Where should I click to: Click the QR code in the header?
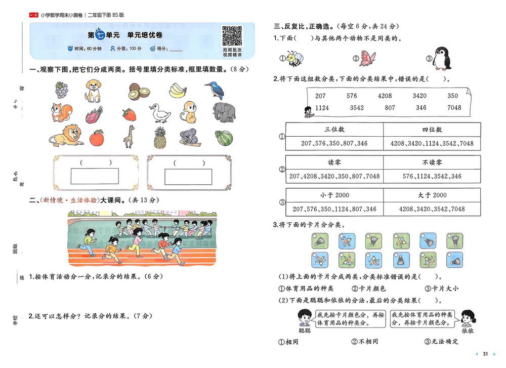coord(232,36)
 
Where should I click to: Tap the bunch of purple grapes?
coord(62,90)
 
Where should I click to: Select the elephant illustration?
coord(224,112)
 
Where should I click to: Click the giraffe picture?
coord(129,136)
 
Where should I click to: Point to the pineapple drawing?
coord(160,138)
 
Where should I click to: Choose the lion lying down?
coord(66,135)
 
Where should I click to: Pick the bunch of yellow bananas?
coord(178,91)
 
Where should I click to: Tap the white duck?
coord(160,113)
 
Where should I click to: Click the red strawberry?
coord(129,114)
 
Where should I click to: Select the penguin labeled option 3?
coord(442,58)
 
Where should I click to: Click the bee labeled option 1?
coord(295,58)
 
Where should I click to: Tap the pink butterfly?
coord(367,58)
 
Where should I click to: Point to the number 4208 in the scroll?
coord(385,96)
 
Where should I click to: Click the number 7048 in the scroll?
coord(454,107)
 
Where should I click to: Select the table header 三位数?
coord(334,130)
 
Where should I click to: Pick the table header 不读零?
coord(432,162)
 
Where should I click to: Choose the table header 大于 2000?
coord(432,195)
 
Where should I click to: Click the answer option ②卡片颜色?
coord(368,288)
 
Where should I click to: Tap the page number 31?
coord(485,354)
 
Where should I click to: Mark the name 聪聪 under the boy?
coord(305,331)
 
